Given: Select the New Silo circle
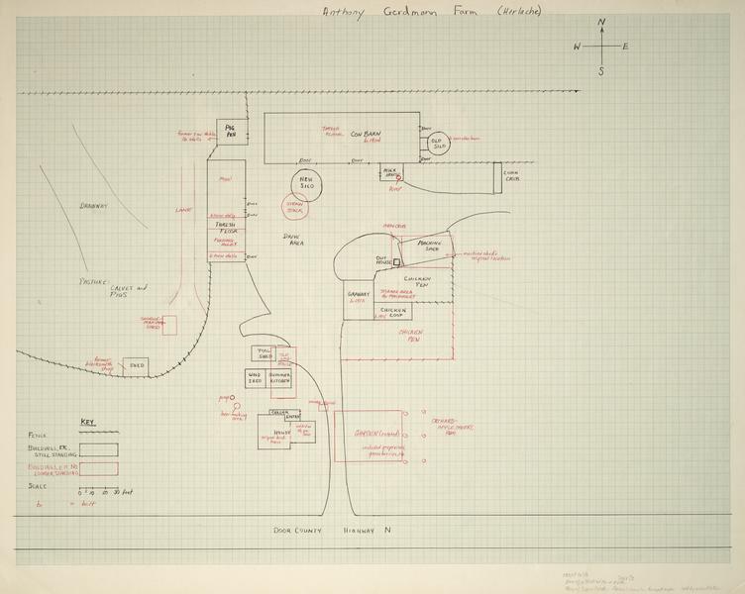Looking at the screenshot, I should (306, 184).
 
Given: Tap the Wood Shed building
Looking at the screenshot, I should (255, 379).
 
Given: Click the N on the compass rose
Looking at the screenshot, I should (601, 23).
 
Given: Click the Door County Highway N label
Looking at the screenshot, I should (333, 531).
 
